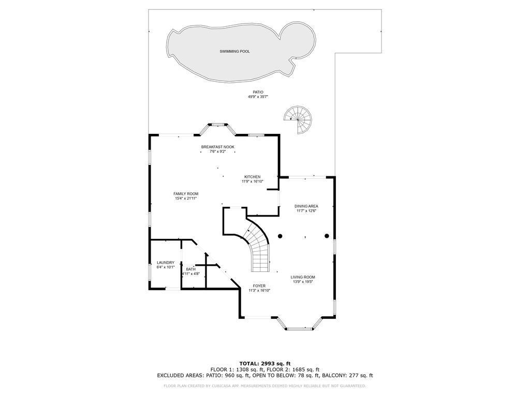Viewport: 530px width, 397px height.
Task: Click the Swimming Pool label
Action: pos(234,51)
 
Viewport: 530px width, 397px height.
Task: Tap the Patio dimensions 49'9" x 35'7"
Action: pos(258,97)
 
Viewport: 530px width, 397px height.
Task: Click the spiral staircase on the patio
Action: pos(298,119)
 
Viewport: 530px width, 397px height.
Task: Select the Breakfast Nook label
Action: pos(218,147)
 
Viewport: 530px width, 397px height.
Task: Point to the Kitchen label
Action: pos(253,177)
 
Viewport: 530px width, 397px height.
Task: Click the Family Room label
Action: pos(186,194)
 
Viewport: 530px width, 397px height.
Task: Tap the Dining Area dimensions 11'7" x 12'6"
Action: pos(306,211)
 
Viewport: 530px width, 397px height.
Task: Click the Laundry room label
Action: pos(166,263)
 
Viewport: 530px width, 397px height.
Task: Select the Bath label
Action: pos(190,269)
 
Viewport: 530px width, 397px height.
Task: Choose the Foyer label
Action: pos(259,286)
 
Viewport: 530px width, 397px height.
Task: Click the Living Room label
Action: pos(303,277)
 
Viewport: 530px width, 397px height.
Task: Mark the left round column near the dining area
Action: pos(280,236)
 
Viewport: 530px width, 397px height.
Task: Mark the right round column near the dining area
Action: pos(327,236)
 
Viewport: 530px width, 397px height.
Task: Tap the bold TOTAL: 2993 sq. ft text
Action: pos(265,363)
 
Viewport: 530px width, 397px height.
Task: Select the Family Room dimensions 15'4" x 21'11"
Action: pos(186,198)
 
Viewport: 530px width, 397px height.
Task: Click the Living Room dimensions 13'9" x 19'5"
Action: pos(303,282)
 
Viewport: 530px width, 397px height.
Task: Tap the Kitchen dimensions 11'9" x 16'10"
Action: pos(253,181)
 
